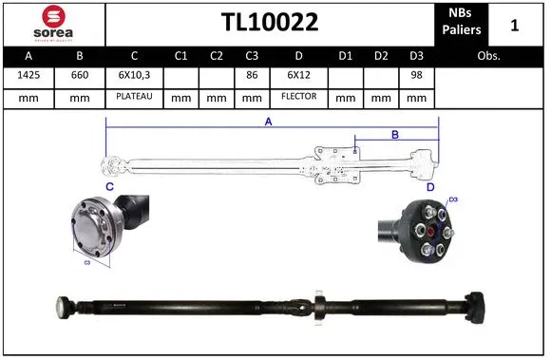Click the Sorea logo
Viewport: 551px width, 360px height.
53,23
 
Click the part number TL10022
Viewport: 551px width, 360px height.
270,23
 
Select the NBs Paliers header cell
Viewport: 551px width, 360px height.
462,23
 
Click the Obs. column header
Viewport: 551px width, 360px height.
489,56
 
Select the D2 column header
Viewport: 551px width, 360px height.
382,56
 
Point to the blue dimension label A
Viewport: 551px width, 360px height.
269,122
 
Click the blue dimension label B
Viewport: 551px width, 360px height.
395,135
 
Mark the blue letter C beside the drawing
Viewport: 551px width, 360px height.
109,187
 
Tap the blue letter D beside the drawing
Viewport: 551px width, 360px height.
430,188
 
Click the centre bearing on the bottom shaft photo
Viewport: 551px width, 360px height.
319,306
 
